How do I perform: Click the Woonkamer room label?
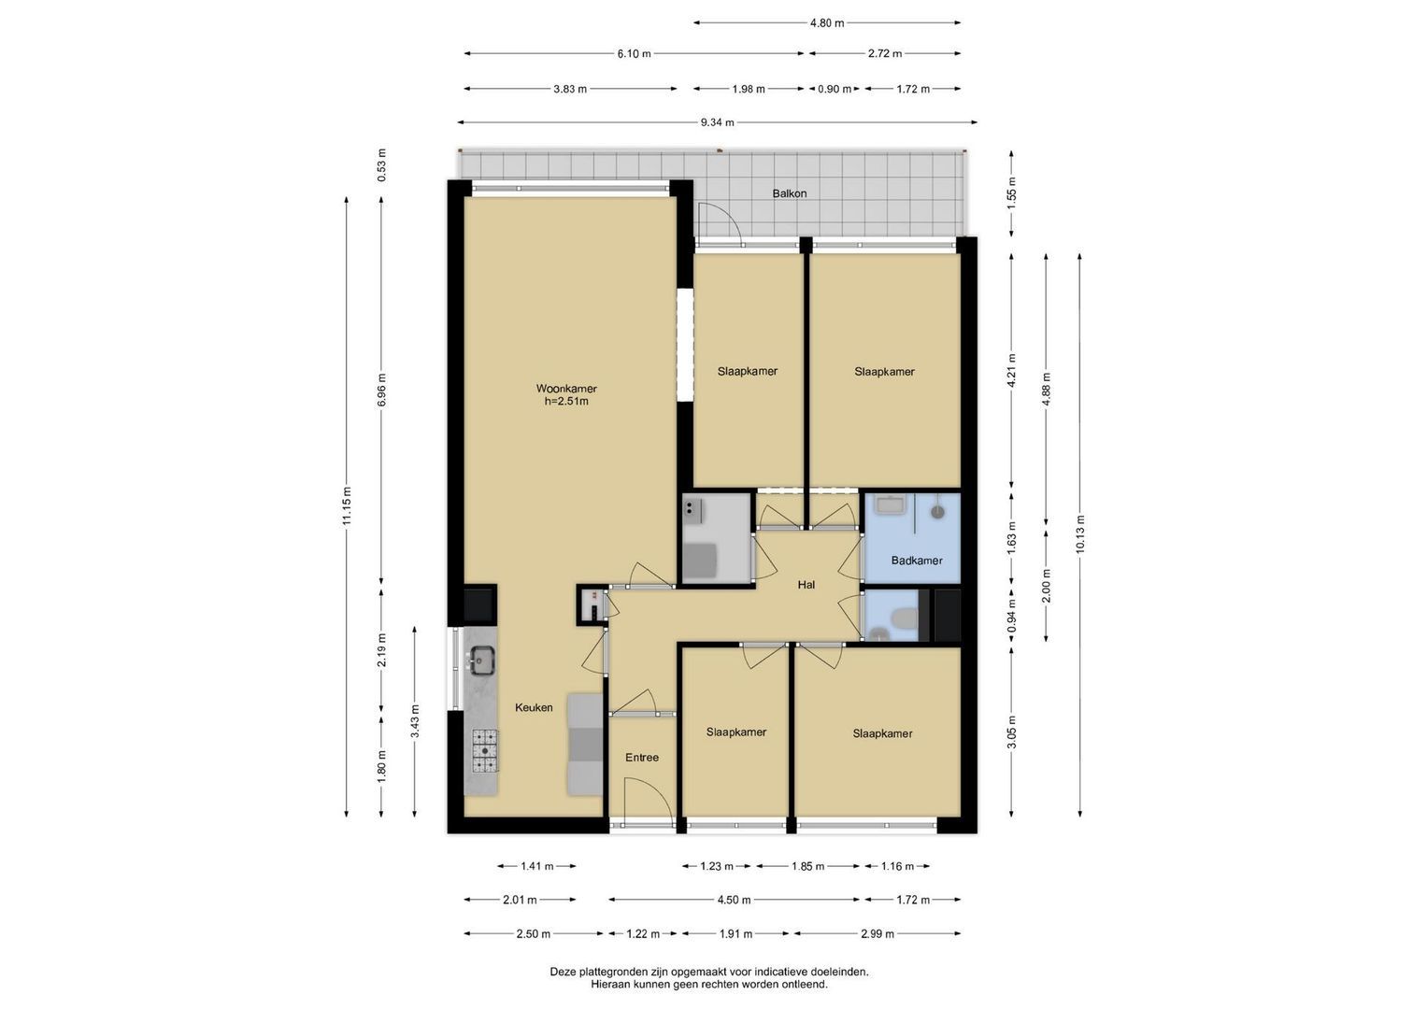click(x=566, y=389)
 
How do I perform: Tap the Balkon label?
click(x=790, y=193)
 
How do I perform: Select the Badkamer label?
click(x=917, y=561)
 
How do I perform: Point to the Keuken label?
click(x=534, y=707)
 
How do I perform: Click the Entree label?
click(x=641, y=758)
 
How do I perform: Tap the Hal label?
click(x=806, y=585)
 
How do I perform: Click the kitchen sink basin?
click(x=481, y=660)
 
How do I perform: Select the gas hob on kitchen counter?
click(x=485, y=750)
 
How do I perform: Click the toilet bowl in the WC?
click(x=904, y=618)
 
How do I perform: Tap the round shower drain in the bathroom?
click(x=937, y=511)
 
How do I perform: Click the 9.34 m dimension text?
click(x=718, y=122)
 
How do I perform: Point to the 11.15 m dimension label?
click(x=347, y=505)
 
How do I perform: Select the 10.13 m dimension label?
click(x=1079, y=533)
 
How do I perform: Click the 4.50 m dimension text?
click(x=734, y=900)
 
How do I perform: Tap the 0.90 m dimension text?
click(x=835, y=89)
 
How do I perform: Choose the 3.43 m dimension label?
click(x=415, y=721)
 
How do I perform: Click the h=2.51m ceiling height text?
click(x=566, y=402)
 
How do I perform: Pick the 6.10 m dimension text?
click(x=634, y=54)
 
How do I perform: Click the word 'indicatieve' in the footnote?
click(x=781, y=972)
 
